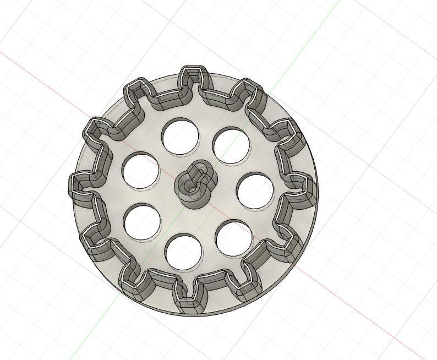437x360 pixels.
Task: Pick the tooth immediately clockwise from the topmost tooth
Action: [247, 90]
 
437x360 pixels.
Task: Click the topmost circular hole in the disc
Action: [181, 136]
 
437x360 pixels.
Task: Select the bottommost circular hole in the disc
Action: [183, 252]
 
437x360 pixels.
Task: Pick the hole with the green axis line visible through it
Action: [231, 146]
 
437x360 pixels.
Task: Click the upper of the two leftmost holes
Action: [140, 171]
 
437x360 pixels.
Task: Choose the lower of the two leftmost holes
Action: [142, 222]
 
